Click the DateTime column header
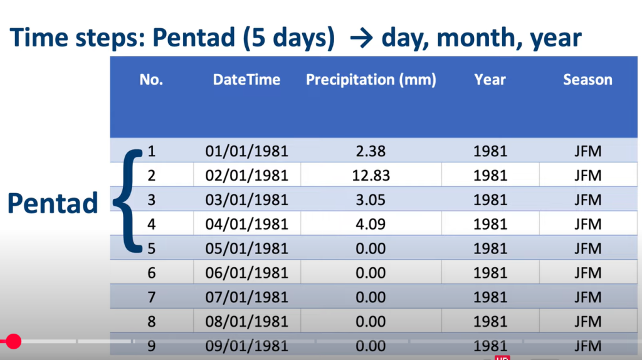pyautogui.click(x=246, y=80)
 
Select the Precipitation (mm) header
pyautogui.click(x=371, y=80)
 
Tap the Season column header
pyautogui.click(x=587, y=80)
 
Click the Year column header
pyautogui.click(x=490, y=80)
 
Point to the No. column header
pyautogui.click(x=151, y=80)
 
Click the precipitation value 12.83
pyautogui.click(x=371, y=175)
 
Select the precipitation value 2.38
pyautogui.click(x=371, y=151)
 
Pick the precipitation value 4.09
pyautogui.click(x=371, y=224)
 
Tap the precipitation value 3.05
pyautogui.click(x=371, y=200)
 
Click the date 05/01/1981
pyautogui.click(x=246, y=248)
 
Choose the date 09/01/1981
pyautogui.click(x=246, y=346)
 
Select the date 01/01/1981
pyautogui.click(x=246, y=151)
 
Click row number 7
pyautogui.click(x=152, y=297)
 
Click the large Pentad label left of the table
pyautogui.click(x=53, y=203)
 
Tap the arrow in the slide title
pyautogui.click(x=362, y=38)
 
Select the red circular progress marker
pyautogui.click(x=14, y=341)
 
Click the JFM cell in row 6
pyautogui.click(x=587, y=273)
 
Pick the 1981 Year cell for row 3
pyautogui.click(x=490, y=200)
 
